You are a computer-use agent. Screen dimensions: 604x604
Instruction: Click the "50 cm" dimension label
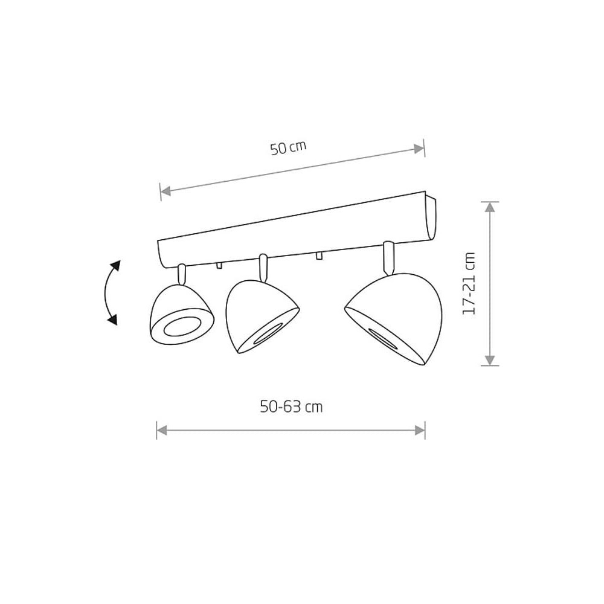[288, 147]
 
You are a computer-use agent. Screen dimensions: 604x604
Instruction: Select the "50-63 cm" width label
[291, 406]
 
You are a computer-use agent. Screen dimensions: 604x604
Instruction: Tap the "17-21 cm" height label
[469, 283]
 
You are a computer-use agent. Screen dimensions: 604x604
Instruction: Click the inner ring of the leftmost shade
[181, 327]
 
